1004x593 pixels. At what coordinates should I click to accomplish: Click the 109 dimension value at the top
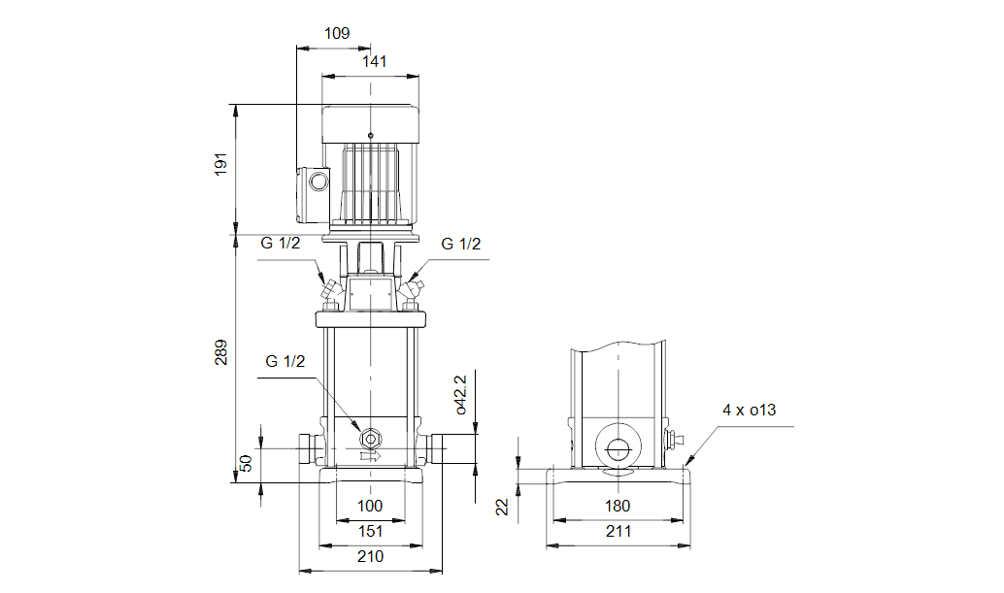click(336, 33)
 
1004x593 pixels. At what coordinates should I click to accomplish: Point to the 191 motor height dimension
click(220, 164)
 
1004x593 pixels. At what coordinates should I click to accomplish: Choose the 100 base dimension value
click(370, 506)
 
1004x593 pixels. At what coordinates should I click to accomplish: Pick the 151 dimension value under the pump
click(370, 531)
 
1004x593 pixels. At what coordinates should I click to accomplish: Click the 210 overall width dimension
click(370, 556)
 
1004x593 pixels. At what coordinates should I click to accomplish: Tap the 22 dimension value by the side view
click(503, 506)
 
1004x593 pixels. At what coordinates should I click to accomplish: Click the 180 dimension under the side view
click(618, 506)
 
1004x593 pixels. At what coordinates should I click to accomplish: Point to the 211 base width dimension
click(618, 531)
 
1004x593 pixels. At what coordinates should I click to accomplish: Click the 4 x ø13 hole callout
click(749, 411)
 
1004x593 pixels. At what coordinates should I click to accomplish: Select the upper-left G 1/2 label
click(280, 245)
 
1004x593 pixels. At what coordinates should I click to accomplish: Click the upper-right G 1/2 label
click(461, 245)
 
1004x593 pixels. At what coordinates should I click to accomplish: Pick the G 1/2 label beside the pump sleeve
click(285, 361)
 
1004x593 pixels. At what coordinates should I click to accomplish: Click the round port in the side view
click(618, 448)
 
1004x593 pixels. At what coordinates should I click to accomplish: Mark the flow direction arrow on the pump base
click(370, 455)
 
